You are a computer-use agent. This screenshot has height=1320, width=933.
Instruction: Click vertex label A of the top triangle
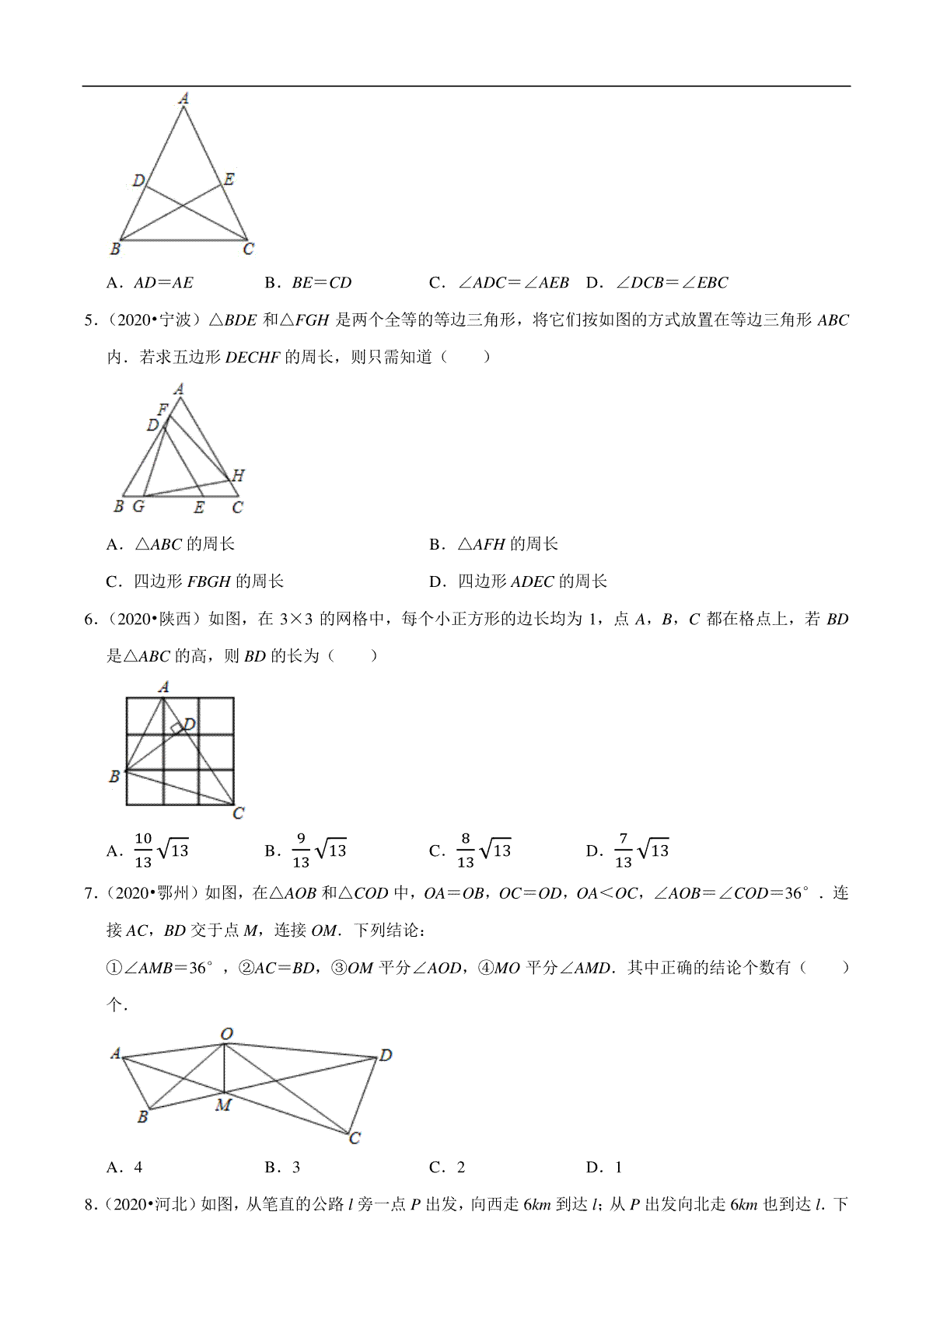(183, 99)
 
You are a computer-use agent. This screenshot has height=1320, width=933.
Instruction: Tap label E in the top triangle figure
(229, 180)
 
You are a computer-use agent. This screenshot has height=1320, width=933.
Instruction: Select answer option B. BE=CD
(308, 283)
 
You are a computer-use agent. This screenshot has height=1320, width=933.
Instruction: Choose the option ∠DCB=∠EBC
(657, 283)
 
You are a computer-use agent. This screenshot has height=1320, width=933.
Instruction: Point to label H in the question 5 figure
(238, 475)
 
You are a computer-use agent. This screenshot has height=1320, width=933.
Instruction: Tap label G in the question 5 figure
(138, 506)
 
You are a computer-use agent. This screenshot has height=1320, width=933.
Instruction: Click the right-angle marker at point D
(178, 728)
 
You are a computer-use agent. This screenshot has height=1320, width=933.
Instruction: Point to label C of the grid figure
(239, 813)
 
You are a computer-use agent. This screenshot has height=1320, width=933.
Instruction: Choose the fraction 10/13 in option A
(143, 850)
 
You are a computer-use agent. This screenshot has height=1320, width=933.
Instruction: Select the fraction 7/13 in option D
(623, 850)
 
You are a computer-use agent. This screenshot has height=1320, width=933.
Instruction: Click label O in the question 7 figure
(226, 1034)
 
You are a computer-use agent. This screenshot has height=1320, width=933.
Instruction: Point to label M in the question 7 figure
(223, 1105)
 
